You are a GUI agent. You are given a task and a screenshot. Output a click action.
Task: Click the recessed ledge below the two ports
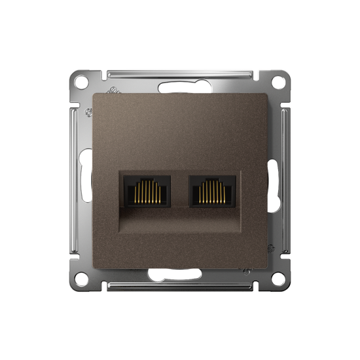click(x=179, y=221)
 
